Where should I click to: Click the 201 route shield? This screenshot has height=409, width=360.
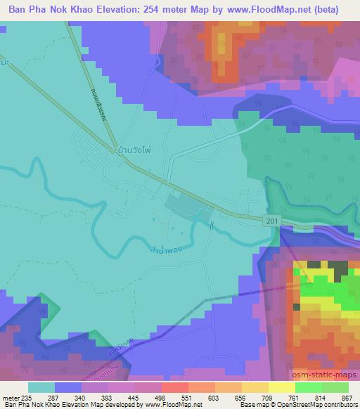click(x=271, y=221)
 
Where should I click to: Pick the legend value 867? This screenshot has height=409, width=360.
click(x=347, y=397)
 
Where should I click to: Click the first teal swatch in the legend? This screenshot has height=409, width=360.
click(x=41, y=387)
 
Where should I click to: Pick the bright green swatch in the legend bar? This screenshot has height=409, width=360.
click(x=309, y=387)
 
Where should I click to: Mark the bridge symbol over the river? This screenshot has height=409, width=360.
click(x=212, y=225)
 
